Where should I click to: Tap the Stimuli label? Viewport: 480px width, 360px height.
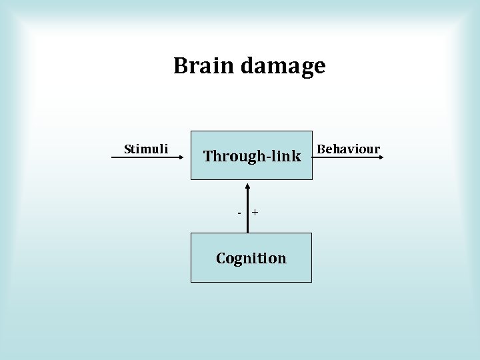pyautogui.click(x=146, y=149)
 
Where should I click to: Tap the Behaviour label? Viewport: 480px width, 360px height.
pyautogui.click(x=348, y=149)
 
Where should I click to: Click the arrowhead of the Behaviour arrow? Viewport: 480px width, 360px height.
pyautogui.click(x=380, y=157)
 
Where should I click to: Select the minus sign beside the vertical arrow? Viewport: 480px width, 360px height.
pyautogui.click(x=239, y=213)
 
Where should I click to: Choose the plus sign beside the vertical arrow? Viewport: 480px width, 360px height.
pyautogui.click(x=255, y=213)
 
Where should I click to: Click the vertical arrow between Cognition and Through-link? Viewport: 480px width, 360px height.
pyautogui.click(x=247, y=213)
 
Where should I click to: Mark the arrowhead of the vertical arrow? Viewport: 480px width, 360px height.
pyautogui.click(x=247, y=184)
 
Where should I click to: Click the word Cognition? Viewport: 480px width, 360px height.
pyautogui.click(x=251, y=258)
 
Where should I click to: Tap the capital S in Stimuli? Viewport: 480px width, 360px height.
pyautogui.click(x=128, y=149)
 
